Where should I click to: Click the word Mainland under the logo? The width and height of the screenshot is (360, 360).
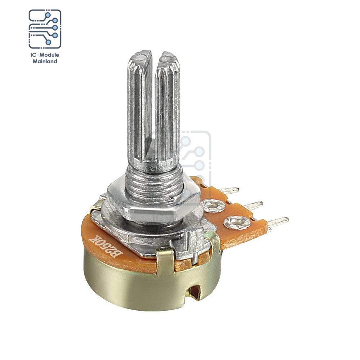(x=45, y=61)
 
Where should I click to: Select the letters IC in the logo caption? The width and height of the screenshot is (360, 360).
(x=33, y=55)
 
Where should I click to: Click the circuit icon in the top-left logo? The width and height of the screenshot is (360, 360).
(x=45, y=29)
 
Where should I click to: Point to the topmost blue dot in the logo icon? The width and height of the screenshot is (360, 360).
(x=48, y=15)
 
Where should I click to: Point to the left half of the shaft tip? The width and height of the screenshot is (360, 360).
(x=140, y=56)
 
